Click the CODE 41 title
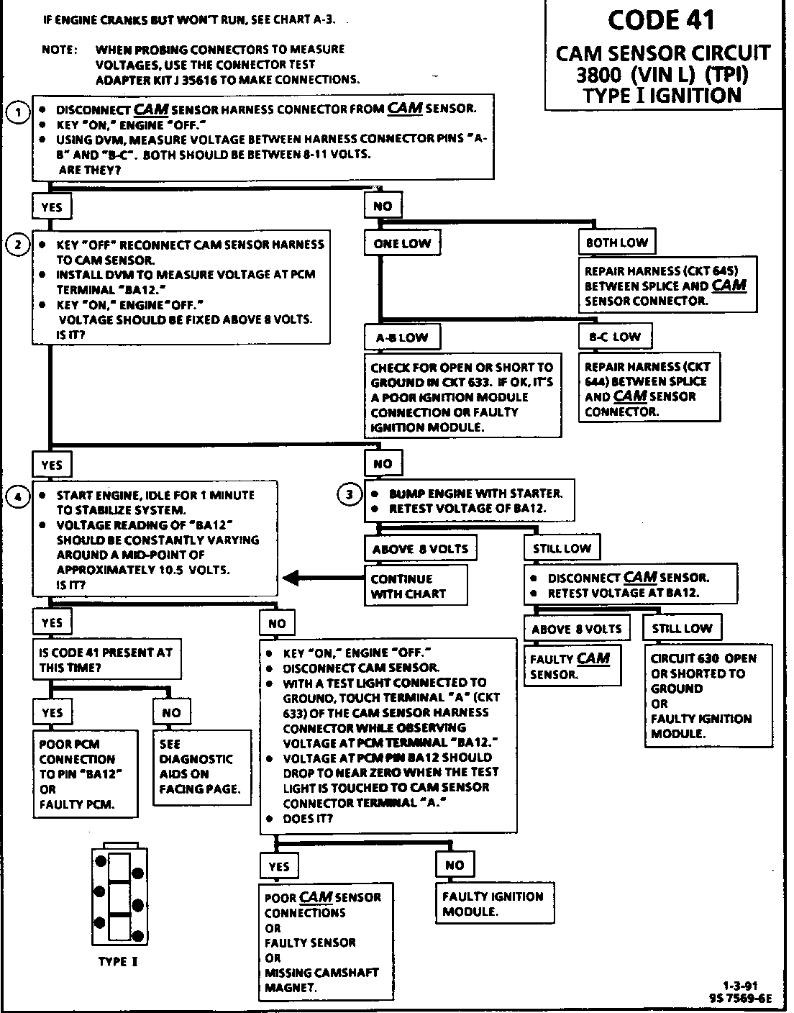click(661, 19)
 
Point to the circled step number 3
click(350, 494)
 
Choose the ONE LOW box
click(402, 243)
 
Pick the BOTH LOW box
click(616, 242)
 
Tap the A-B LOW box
click(402, 337)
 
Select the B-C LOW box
click(615, 336)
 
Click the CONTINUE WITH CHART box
click(416, 586)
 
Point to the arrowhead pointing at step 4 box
click(290, 578)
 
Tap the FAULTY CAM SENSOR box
click(570, 666)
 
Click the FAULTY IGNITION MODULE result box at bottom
click(493, 904)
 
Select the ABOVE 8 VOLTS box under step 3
click(420, 549)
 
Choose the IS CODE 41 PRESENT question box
click(106, 660)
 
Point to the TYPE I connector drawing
click(119, 895)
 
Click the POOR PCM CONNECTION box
click(85, 773)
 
